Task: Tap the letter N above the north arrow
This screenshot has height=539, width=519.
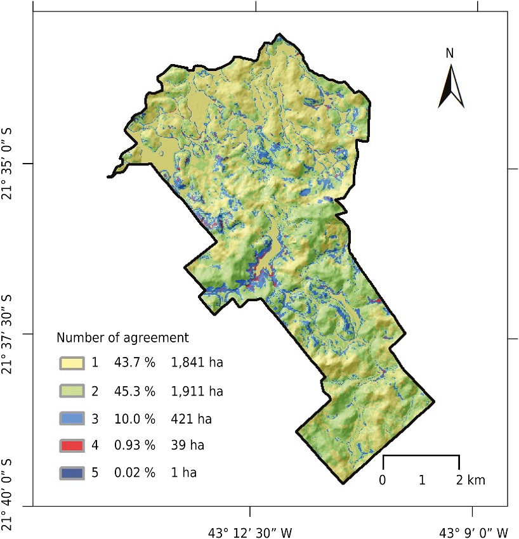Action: click(x=450, y=54)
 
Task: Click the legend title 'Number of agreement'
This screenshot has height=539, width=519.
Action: click(x=123, y=337)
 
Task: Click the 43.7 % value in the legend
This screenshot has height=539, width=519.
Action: click(x=135, y=363)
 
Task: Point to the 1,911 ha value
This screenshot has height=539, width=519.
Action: click(x=197, y=391)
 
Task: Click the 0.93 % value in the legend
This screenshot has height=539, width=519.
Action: click(x=135, y=446)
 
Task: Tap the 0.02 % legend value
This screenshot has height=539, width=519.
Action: click(x=135, y=473)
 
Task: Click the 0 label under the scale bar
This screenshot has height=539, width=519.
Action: click(x=383, y=479)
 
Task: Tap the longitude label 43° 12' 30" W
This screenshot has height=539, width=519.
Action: click(x=251, y=529)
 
